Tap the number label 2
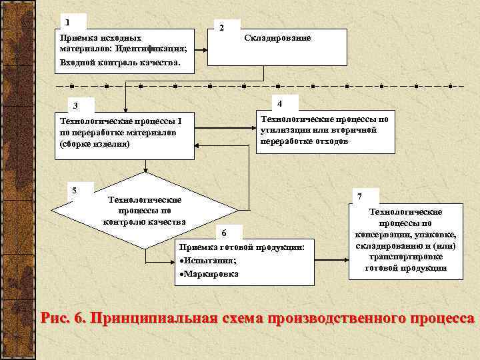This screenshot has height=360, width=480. pyautogui.click(x=222, y=27)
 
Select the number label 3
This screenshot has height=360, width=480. pyautogui.click(x=75, y=105)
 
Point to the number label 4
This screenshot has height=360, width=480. pyautogui.click(x=280, y=103)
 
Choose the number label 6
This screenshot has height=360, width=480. pyautogui.click(x=224, y=233)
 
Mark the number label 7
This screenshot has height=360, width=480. pyautogui.click(x=360, y=197)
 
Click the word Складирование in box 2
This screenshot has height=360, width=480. pyautogui.click(x=277, y=38)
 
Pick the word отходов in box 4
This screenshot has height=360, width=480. pyautogui.click(x=328, y=141)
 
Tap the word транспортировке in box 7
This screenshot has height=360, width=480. pyautogui.click(x=406, y=257)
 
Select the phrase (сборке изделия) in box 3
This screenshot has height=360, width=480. pyautogui.click(x=95, y=143)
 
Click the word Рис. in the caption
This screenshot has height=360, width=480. pyautogui.click(x=55, y=317)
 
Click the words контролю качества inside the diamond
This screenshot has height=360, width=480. pyautogui.click(x=144, y=221)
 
